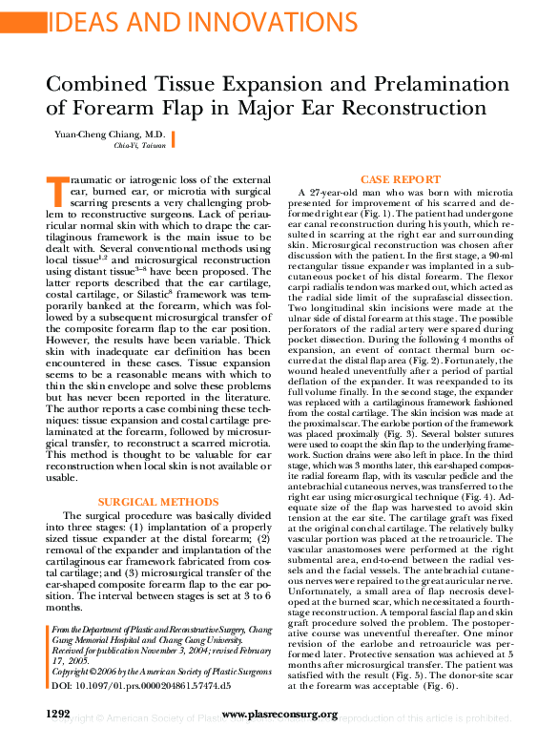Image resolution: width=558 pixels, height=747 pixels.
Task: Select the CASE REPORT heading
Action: [x=400, y=179]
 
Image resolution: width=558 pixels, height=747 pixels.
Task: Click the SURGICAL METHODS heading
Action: [x=153, y=501]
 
